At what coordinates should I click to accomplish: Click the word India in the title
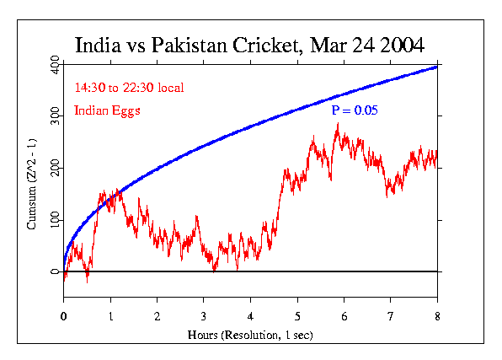click(x=97, y=45)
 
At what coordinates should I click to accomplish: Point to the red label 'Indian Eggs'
click(x=106, y=110)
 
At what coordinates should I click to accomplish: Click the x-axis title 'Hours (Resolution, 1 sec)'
click(x=250, y=335)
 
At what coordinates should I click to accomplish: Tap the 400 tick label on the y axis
click(x=55, y=66)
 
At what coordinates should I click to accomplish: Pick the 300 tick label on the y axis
click(x=55, y=116)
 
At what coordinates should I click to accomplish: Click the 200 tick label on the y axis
click(x=55, y=169)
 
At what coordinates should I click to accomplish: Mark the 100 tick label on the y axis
click(x=55, y=220)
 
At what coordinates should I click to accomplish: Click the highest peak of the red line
click(x=338, y=124)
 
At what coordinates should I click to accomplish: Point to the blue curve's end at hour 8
click(x=436, y=66)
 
